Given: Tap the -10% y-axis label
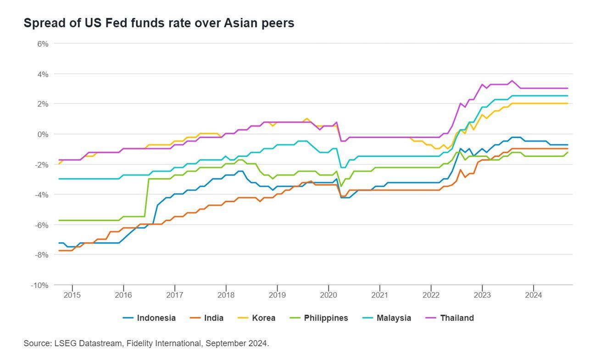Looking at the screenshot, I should (x=40, y=285).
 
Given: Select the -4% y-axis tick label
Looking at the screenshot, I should (x=42, y=194).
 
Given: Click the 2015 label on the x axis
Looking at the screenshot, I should (x=72, y=294).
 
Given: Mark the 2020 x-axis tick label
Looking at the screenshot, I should (x=328, y=294).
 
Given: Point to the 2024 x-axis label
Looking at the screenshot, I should (x=533, y=294).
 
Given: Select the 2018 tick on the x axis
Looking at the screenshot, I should (x=226, y=294).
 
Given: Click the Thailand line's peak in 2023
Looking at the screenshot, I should (x=512, y=81).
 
